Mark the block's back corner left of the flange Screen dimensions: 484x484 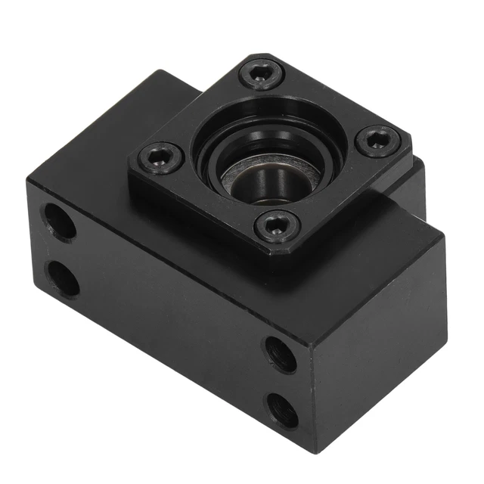[160, 73]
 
